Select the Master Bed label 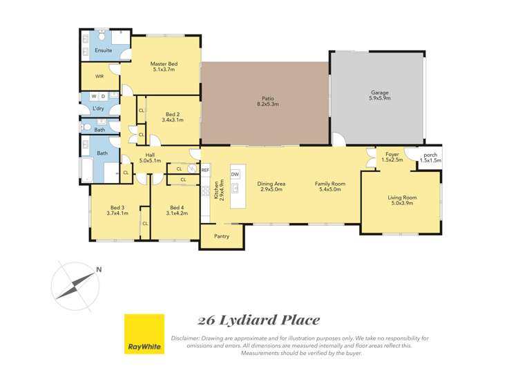(164, 64)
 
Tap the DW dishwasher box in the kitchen (235, 174)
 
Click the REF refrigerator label (205, 169)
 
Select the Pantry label (222, 236)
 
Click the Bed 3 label (117, 207)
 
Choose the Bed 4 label (177, 207)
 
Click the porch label (430, 155)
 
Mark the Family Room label (329, 184)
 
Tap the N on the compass (99, 269)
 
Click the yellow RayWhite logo (144, 334)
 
